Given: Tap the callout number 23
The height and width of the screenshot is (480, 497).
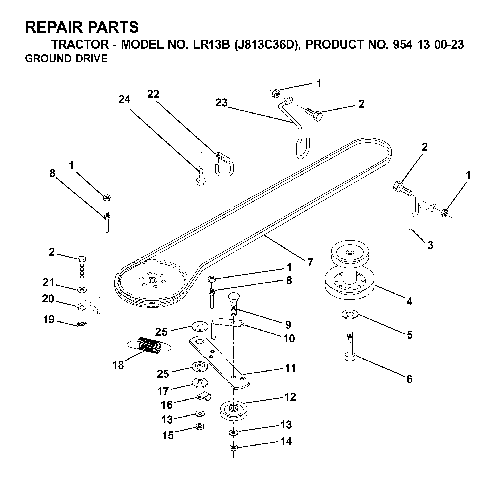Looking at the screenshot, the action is (x=221, y=103).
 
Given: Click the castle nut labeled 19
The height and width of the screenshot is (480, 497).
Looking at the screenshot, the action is (x=82, y=325).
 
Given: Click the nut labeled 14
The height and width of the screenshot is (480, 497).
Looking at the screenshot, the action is (x=233, y=448).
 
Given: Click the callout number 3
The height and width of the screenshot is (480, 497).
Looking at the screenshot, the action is (x=430, y=245).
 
